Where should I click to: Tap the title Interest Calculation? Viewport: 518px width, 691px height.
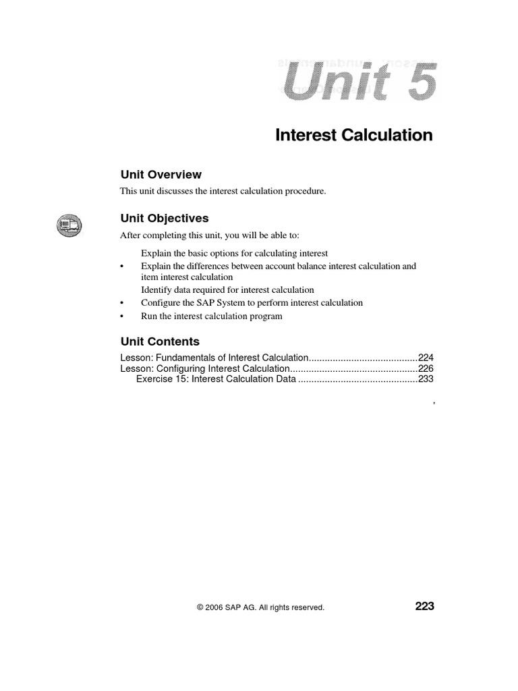tap(354, 135)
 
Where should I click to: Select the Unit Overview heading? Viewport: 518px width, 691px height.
tap(161, 175)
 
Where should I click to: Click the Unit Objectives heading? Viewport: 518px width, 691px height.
tap(164, 219)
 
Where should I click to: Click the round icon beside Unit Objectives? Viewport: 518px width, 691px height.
tap(68, 224)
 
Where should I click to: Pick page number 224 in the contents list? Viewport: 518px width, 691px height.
tap(426, 358)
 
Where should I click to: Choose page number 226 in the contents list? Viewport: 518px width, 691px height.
tap(426, 368)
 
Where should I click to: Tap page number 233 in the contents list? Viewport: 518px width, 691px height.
tap(426, 379)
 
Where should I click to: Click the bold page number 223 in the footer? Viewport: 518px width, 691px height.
tap(424, 607)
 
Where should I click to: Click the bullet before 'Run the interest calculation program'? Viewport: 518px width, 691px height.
tap(122, 316)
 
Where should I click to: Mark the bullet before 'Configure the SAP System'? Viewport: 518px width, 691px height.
tap(122, 303)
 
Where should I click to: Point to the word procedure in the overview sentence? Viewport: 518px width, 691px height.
tap(306, 192)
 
